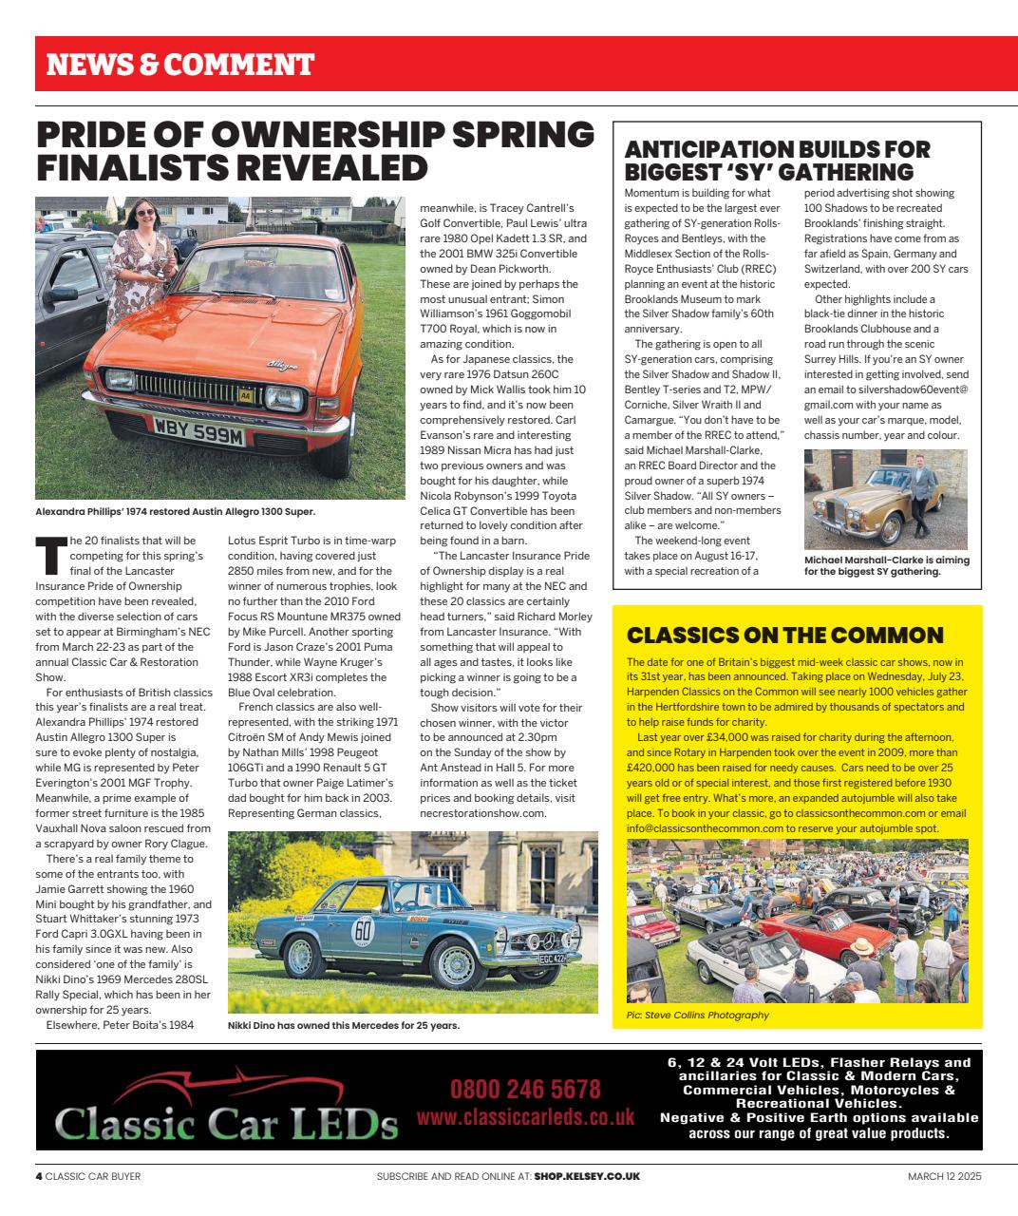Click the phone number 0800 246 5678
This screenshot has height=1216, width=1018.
pos(525,1089)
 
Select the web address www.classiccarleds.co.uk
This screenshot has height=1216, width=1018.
pos(525,1117)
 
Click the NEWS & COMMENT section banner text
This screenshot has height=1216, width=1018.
pos(180,65)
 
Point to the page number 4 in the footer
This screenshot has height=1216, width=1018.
pos(39,1176)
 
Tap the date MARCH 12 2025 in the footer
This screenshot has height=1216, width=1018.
pos(944,1176)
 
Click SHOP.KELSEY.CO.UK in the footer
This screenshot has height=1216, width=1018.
pos(587,1176)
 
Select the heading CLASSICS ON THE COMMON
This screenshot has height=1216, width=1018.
pos(785,635)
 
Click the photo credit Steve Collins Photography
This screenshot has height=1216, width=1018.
pos(697,1016)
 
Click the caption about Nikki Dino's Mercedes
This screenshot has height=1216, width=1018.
pos(344,1026)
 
